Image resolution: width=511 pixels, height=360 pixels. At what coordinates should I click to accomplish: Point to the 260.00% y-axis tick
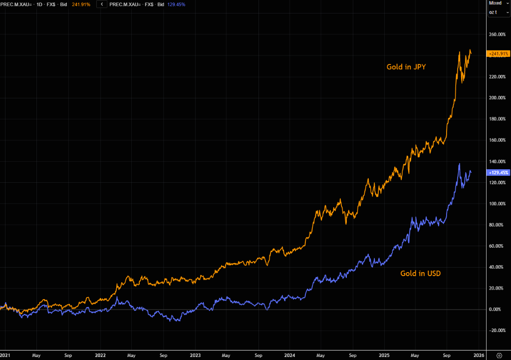497,34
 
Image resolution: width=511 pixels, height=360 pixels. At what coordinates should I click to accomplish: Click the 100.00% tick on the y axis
497,204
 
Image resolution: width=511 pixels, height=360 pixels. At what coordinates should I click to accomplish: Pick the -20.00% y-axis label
497,331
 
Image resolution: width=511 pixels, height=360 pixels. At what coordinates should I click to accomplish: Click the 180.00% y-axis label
497,119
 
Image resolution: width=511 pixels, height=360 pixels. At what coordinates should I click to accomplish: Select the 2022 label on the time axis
100,355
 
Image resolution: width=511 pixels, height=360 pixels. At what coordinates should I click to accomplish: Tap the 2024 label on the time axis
290,355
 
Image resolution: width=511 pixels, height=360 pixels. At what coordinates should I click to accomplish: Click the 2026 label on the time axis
479,355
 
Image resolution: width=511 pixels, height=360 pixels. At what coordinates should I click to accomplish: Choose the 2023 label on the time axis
195,355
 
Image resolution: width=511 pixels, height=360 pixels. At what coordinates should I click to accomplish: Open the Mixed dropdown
498,3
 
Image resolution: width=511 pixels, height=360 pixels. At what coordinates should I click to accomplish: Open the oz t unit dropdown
498,12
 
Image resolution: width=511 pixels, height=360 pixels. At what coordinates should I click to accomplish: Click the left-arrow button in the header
102,4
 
